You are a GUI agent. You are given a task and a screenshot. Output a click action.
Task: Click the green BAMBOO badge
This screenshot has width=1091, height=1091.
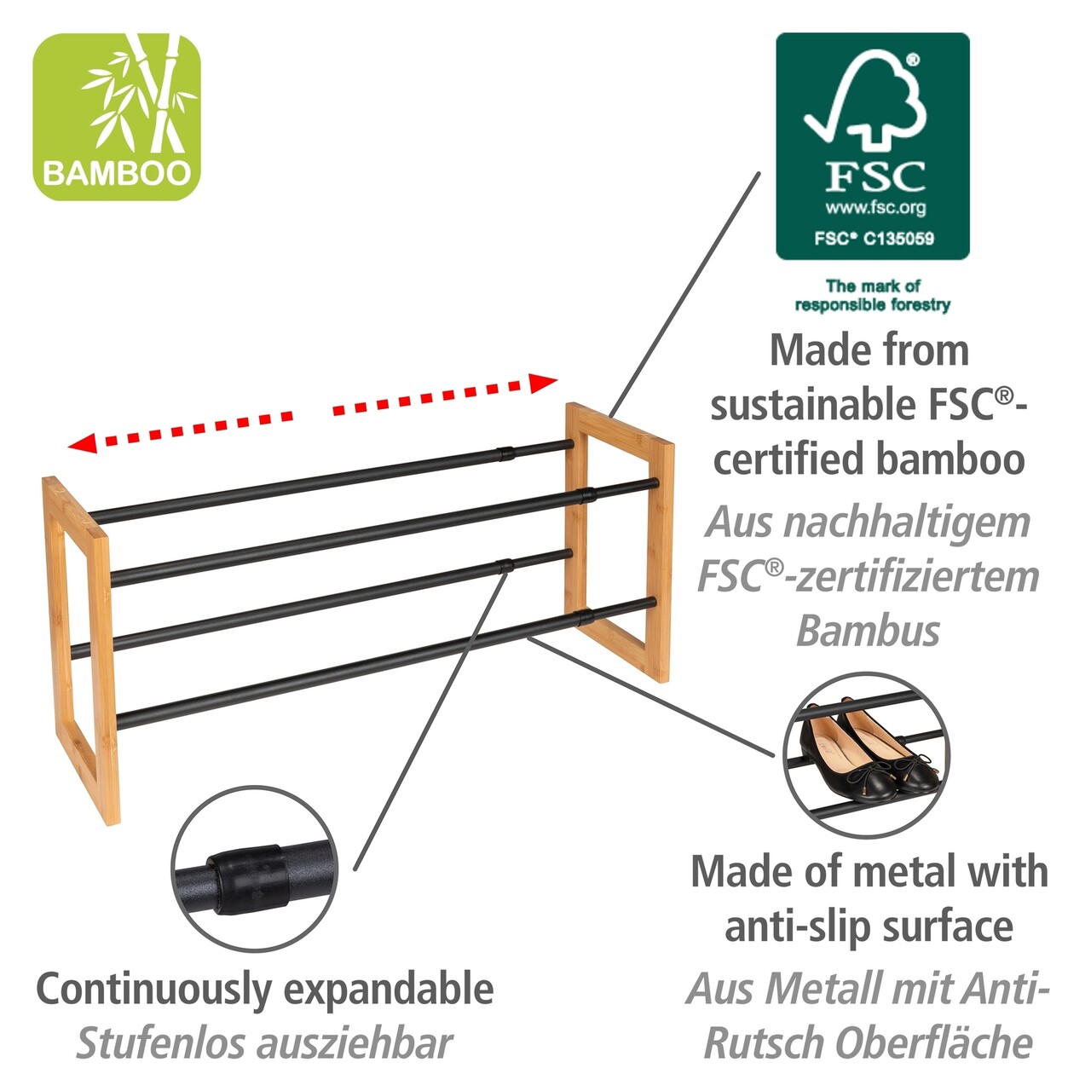coord(117,117)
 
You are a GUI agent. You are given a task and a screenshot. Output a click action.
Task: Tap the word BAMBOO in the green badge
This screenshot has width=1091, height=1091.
coord(117,173)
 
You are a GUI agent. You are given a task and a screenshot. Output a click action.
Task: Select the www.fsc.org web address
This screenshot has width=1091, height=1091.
coord(875,208)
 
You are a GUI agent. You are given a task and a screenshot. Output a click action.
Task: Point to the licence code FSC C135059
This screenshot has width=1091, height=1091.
coord(875,239)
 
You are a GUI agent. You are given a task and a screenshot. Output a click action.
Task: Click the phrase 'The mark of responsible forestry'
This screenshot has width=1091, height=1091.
coord(873,296)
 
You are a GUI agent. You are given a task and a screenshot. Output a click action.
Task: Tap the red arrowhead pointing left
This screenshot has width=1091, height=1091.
coord(83,442)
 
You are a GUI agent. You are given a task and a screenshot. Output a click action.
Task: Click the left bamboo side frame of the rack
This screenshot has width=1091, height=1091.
coord(81,650)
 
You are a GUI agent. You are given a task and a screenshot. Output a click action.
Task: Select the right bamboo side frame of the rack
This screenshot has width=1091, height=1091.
coord(620,542)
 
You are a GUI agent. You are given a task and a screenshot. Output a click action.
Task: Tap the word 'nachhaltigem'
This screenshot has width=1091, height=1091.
coord(908,524)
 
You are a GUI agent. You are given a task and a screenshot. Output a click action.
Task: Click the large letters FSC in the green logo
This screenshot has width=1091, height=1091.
coord(875,176)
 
